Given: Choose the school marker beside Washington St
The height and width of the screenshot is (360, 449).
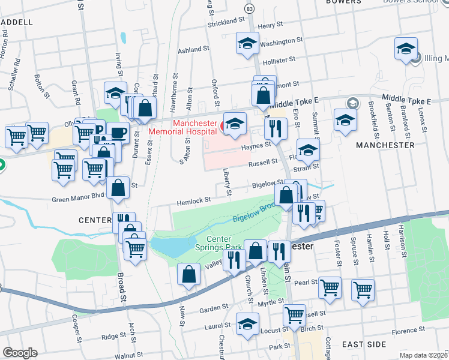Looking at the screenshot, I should click(247, 44).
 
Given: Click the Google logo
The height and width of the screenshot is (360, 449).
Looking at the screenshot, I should click(20, 352).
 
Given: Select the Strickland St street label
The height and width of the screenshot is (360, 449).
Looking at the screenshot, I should click(226, 20).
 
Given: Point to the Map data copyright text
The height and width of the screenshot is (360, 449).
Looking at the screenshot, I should click(423, 355).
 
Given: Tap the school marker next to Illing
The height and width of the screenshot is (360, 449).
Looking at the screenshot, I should click(406, 50).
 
